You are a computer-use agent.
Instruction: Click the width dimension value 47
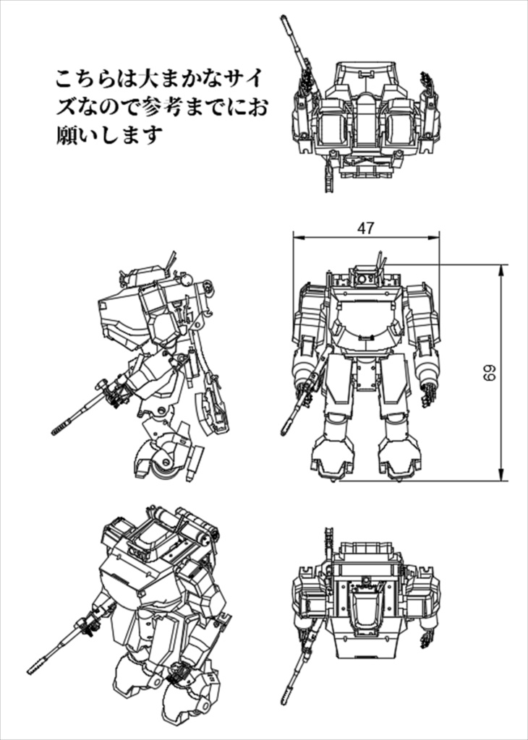click(366, 228)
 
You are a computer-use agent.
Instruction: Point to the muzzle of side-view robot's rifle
click(55, 431)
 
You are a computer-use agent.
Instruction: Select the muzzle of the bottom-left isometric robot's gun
click(31, 670)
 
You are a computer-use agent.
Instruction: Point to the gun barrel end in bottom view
click(285, 703)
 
